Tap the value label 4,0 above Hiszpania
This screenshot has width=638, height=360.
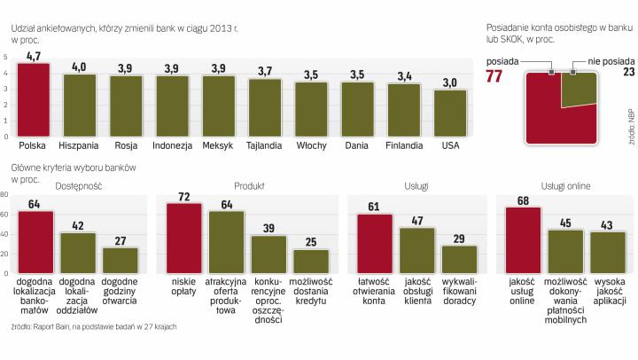point(79,67)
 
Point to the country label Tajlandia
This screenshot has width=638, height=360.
point(264,144)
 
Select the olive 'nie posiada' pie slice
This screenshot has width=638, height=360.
point(580,90)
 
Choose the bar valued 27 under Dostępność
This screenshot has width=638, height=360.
point(121,259)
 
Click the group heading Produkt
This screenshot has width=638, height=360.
point(249,186)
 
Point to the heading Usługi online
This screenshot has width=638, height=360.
point(565,186)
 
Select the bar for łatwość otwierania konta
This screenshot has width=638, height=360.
point(375,242)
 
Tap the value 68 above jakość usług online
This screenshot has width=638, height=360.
point(522,200)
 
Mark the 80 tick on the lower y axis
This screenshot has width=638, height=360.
point(5,196)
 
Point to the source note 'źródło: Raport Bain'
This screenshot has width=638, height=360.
point(93,327)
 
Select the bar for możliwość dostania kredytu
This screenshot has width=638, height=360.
point(311,260)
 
